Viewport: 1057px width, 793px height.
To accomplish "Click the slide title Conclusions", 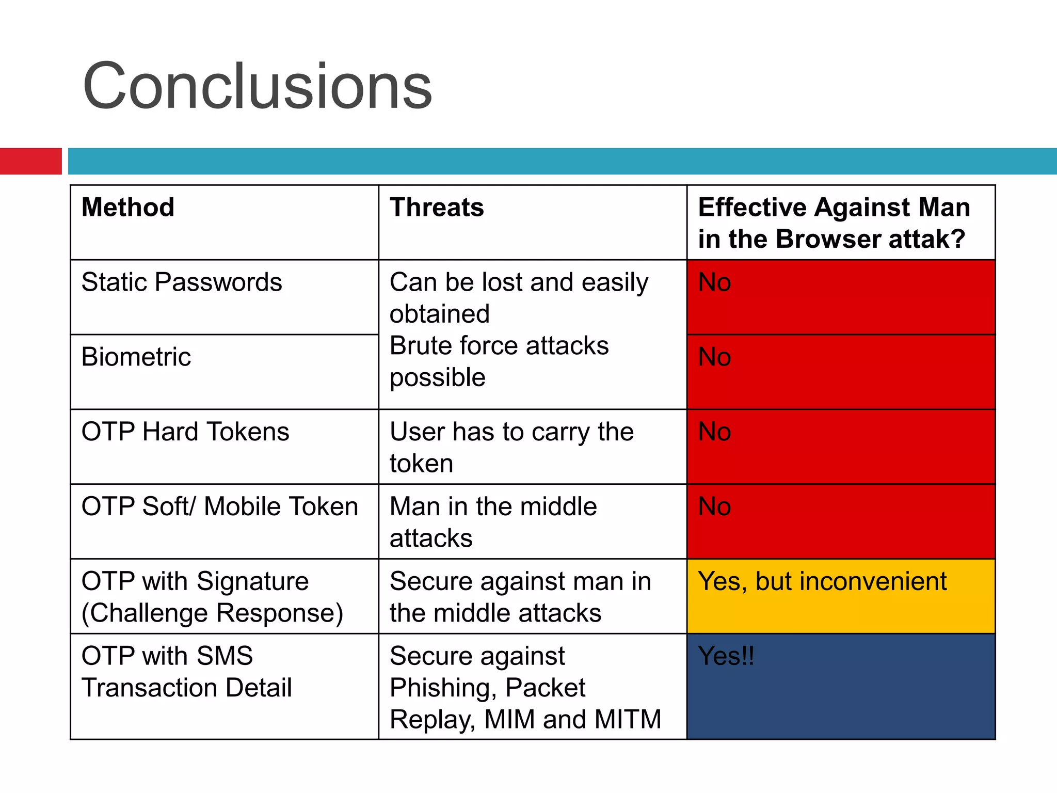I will point(257,86).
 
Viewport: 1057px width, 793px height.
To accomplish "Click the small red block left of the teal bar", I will point(30,161).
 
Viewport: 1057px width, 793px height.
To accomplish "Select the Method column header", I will point(128,208).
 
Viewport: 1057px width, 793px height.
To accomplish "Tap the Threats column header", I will point(437,208).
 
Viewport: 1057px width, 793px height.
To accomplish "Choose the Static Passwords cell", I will point(182,282).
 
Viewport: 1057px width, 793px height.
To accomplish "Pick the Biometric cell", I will point(136,357).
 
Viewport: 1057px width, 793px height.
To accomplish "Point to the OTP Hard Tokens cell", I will point(185,432).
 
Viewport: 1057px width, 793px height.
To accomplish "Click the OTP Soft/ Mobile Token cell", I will point(220,506).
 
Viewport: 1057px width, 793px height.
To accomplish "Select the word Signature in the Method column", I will point(252,581).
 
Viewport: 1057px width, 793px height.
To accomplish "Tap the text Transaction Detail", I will point(187,688).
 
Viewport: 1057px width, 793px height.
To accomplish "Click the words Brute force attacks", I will point(499,346).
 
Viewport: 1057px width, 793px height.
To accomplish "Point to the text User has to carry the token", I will point(511,447).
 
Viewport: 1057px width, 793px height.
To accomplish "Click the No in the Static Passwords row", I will point(714,282).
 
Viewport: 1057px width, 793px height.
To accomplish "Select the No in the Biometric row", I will point(714,357).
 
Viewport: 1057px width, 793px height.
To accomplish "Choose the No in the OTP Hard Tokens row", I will point(714,432).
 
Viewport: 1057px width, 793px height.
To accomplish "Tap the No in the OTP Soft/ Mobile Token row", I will point(714,506).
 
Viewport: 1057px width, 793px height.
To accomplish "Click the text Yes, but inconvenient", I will point(822,581).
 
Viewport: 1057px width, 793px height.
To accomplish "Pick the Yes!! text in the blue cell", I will point(726,656).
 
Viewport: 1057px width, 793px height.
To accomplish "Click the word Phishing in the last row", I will point(442,688).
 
